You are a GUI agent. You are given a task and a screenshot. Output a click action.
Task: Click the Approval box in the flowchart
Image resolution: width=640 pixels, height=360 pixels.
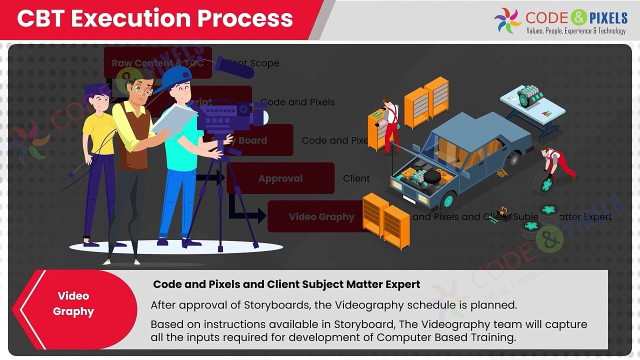[280, 178]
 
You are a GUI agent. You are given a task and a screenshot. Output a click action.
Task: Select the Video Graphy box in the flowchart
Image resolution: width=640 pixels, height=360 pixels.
[321, 216]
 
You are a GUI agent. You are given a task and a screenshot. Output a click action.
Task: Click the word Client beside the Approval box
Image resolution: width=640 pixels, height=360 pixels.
[356, 178]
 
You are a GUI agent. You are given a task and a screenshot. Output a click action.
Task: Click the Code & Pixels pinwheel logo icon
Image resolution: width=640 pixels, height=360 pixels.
[507, 20]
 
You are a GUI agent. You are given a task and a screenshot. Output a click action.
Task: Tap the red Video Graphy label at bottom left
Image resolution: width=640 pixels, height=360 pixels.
[73, 303]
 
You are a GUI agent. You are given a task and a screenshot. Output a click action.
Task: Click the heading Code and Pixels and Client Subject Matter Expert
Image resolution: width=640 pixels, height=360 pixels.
[286, 284]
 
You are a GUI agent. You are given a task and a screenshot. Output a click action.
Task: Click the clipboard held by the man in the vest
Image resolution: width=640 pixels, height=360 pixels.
[174, 121]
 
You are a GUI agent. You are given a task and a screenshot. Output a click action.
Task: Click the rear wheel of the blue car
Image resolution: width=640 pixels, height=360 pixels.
[512, 159]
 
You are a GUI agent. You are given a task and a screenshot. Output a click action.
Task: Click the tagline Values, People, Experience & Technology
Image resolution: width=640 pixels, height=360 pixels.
[575, 31]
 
